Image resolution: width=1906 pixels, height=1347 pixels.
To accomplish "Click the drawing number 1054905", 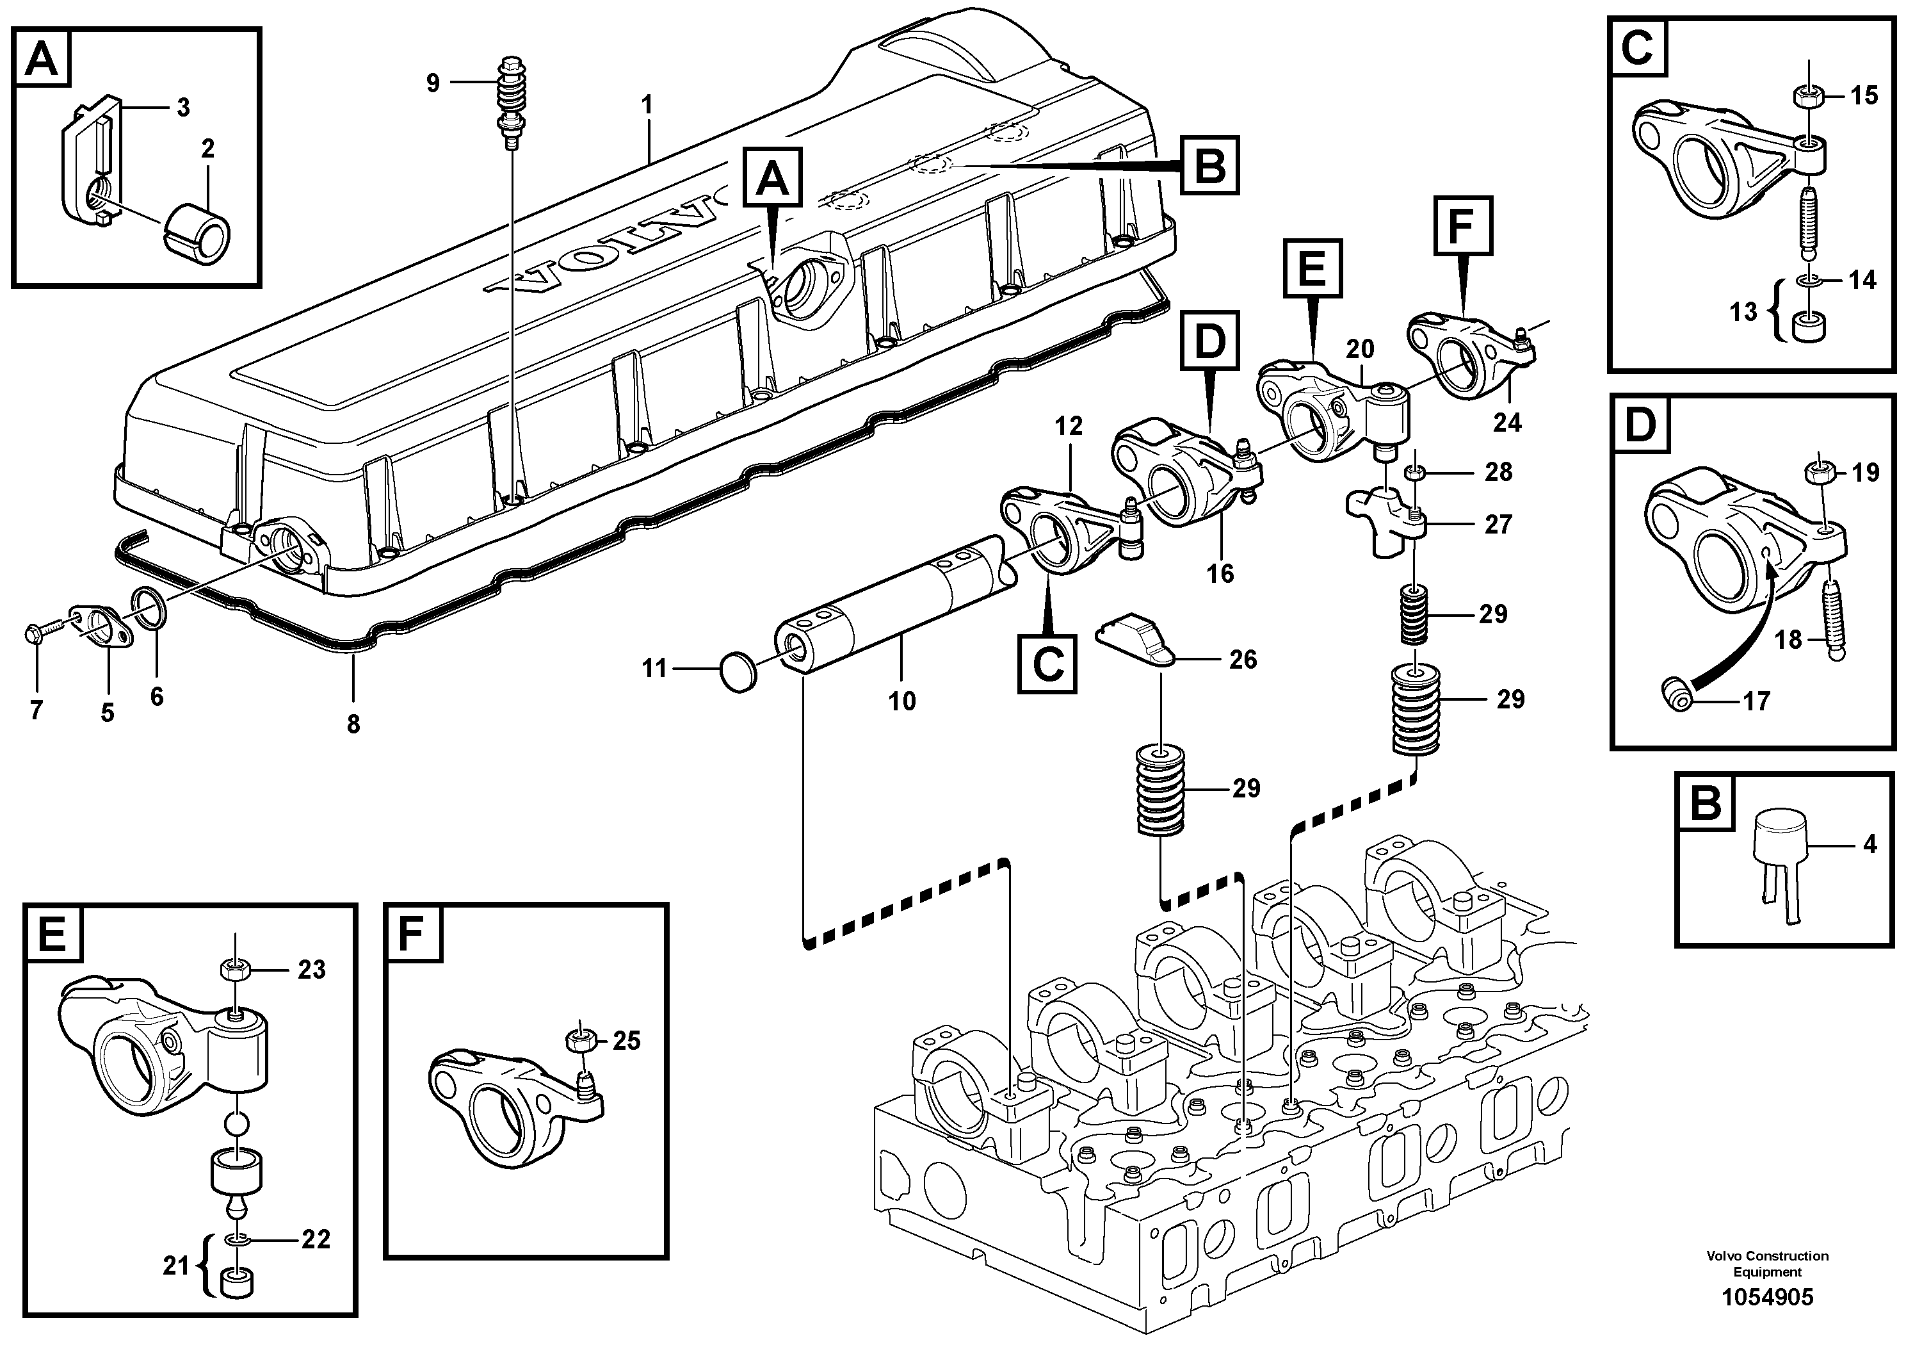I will (x=1766, y=1297).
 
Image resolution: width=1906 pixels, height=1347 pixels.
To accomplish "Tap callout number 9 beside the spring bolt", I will (x=433, y=83).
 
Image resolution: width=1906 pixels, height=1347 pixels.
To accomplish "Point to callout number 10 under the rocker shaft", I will (x=901, y=700).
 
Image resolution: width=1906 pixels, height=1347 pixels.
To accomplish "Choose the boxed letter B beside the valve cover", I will (x=1209, y=166).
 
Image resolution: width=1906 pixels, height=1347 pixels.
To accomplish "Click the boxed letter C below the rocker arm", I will (x=1047, y=664).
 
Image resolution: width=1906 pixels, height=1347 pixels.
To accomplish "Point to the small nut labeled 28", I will (x=1414, y=473).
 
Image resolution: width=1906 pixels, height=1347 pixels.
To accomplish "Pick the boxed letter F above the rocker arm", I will (x=1464, y=225).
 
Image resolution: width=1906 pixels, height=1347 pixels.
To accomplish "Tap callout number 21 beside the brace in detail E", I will (x=176, y=1266).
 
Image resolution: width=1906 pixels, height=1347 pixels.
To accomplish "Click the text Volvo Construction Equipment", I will (x=1766, y=1263).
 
